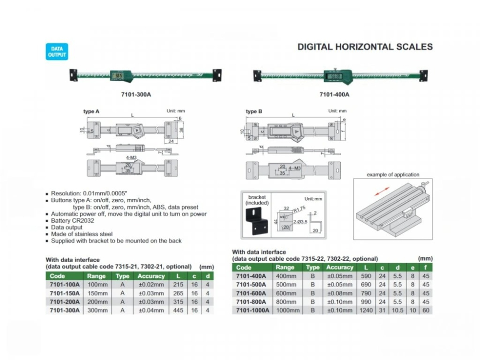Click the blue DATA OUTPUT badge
57,52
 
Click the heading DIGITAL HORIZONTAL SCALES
365,47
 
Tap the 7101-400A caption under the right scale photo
334,95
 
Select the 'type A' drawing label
91,111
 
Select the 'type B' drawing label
254,111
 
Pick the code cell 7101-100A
64,285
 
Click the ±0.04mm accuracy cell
151,311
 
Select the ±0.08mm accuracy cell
339,293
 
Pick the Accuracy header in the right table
339,267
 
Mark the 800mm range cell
286,301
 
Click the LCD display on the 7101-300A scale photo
117,75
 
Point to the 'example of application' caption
393,175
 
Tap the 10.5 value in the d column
397,310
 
